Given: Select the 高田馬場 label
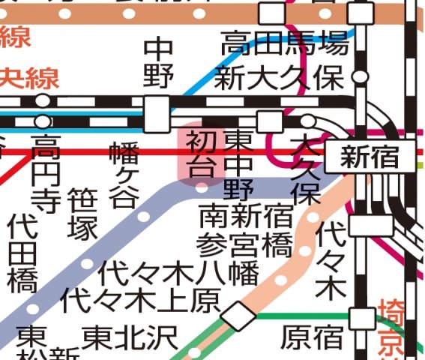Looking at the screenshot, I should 285,44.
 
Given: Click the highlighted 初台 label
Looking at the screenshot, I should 200,151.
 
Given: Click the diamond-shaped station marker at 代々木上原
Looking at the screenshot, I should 239,315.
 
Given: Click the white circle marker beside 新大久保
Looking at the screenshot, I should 361,76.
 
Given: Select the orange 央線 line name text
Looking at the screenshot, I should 28,77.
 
